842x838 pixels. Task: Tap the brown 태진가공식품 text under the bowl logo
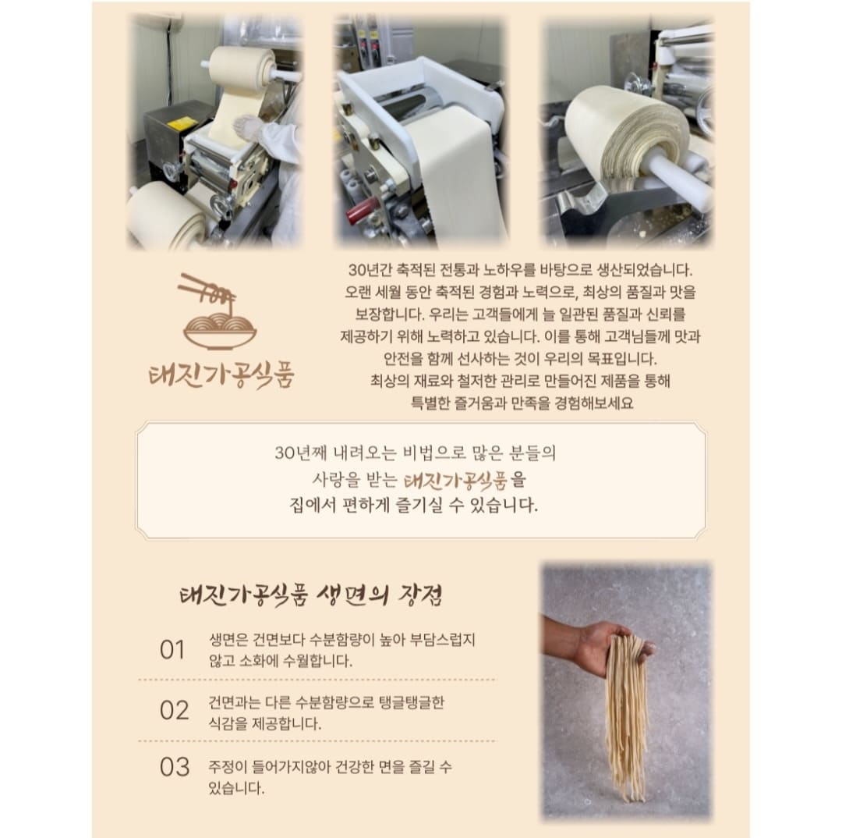tap(221, 374)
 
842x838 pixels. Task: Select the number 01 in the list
tap(172, 650)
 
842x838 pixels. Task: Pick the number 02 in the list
tap(174, 711)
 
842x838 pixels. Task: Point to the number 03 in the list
tap(175, 767)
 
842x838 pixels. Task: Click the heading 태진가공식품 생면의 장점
tap(311, 595)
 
